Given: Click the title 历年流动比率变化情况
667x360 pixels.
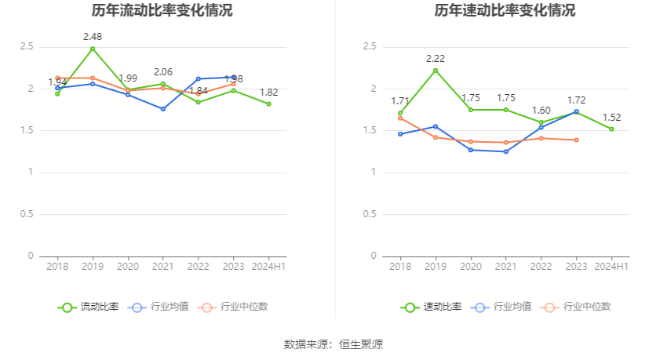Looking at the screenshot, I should click(x=162, y=11).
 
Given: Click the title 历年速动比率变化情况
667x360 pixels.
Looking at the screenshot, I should click(x=505, y=11).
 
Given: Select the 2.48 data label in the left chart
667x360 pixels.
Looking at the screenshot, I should click(x=93, y=37).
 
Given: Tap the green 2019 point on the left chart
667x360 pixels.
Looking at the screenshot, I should click(x=93, y=49).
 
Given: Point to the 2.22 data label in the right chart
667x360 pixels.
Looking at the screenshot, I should click(x=436, y=59).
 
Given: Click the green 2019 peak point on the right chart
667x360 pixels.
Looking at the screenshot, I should click(x=436, y=71).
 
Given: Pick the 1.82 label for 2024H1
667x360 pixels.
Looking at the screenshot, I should click(x=269, y=93).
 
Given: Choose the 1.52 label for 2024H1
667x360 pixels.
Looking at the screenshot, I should click(x=612, y=118).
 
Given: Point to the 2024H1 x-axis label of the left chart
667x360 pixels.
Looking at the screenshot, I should click(x=269, y=267).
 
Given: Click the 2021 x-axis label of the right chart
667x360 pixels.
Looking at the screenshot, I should click(x=506, y=267).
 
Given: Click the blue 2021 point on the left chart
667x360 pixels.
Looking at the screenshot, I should click(x=163, y=109).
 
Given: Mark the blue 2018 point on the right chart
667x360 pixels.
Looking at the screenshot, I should click(x=400, y=134).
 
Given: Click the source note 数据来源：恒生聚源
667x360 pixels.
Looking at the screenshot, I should click(x=333, y=344).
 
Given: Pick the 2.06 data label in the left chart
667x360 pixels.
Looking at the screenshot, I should click(x=163, y=72).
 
